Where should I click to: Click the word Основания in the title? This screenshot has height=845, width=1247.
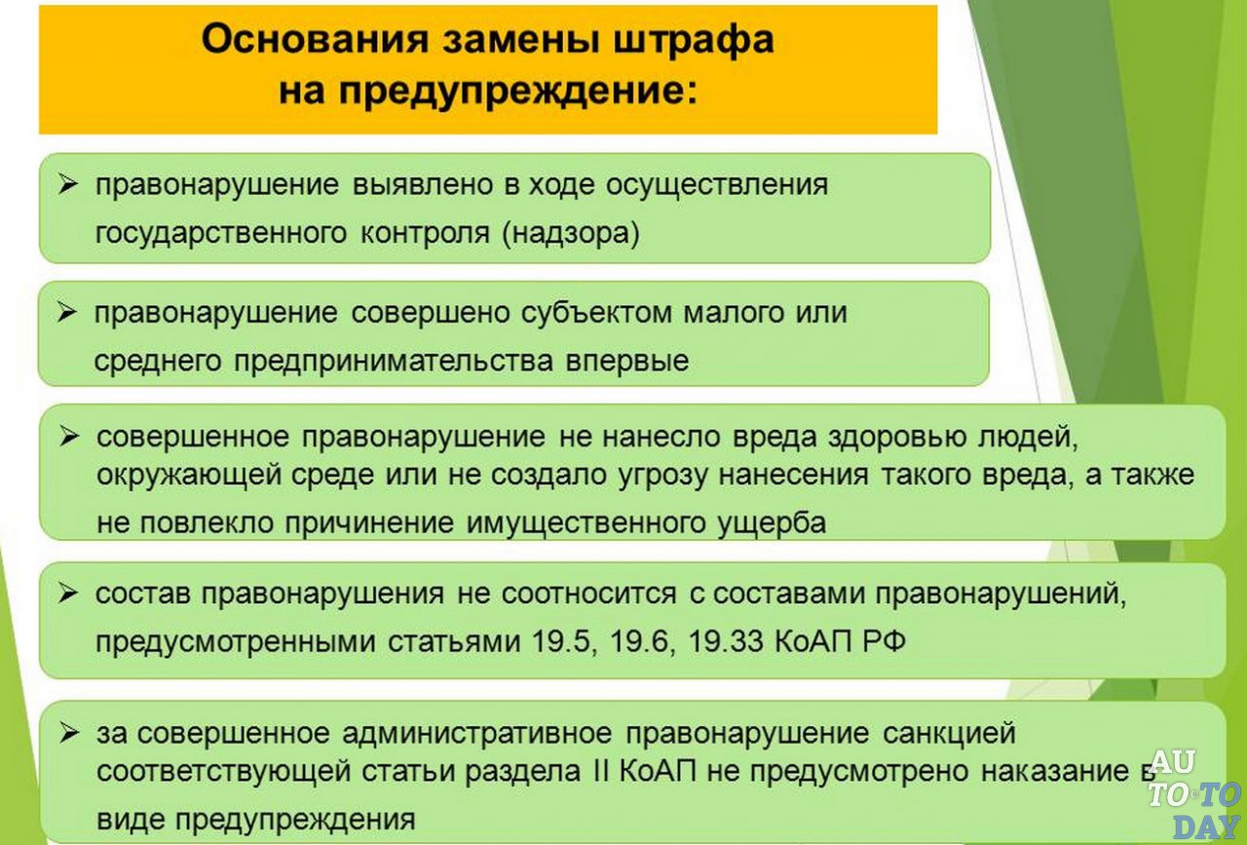coord(315,40)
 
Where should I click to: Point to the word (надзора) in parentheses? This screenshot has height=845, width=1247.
coord(571,234)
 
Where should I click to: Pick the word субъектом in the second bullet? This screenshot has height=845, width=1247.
coord(596,313)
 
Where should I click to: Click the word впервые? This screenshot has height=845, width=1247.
coord(627,362)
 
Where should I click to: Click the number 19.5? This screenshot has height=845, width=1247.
coord(561,641)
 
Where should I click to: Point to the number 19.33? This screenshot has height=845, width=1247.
coord(726,641)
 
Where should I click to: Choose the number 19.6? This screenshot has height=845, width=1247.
coord(639,641)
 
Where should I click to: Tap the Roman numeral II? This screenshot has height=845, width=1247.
coord(602,772)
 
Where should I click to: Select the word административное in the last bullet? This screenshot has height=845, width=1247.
coord(477,733)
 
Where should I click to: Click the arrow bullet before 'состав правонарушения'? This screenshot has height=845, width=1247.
coord(68,594)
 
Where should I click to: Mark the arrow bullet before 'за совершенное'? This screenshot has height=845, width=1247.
coord(69,734)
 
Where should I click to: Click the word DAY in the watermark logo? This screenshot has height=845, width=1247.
coord(1205,826)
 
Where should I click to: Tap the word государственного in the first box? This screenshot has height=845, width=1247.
coord(221,234)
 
